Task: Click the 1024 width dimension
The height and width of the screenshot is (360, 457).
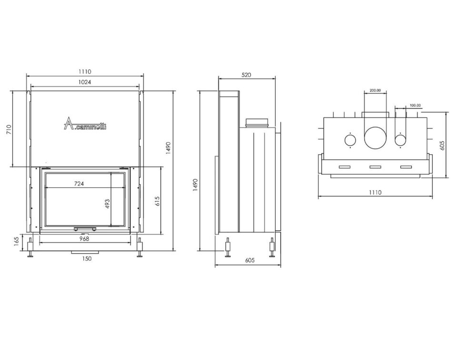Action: [x=85, y=82]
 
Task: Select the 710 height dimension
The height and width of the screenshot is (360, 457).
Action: [x=9, y=129]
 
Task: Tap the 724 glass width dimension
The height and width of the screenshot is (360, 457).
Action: [x=79, y=184]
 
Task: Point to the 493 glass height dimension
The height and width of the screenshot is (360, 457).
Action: [x=107, y=204]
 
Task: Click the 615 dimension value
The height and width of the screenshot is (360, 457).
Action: [x=158, y=201]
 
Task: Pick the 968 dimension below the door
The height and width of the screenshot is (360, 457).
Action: [x=84, y=239]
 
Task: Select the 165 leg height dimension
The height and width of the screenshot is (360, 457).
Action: [x=16, y=242]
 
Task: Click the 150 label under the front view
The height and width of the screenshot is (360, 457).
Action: [x=87, y=258]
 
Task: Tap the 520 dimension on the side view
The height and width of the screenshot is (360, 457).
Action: [x=246, y=75]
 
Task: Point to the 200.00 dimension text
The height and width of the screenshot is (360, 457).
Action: [x=375, y=90]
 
